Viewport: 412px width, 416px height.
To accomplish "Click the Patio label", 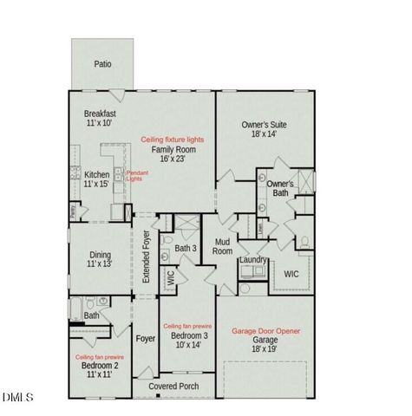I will coord(103,64).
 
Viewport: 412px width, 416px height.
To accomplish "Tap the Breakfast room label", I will coord(100,114).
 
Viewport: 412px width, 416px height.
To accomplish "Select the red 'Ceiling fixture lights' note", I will coord(172,140).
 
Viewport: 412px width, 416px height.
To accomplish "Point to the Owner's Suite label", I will coord(264,125).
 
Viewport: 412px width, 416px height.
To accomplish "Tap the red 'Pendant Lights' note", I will coord(137,176).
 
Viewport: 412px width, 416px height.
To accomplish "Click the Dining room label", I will coord(100,255).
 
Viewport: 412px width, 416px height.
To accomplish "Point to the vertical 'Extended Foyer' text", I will coord(146,260).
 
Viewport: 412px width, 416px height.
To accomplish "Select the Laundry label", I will coord(252,259).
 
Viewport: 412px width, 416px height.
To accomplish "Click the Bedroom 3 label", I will coord(188,335).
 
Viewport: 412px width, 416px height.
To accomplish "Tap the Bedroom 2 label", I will coord(100,366).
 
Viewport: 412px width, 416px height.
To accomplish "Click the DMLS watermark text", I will coord(17,398).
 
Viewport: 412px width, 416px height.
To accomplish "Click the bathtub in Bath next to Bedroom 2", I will coord(77,306).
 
